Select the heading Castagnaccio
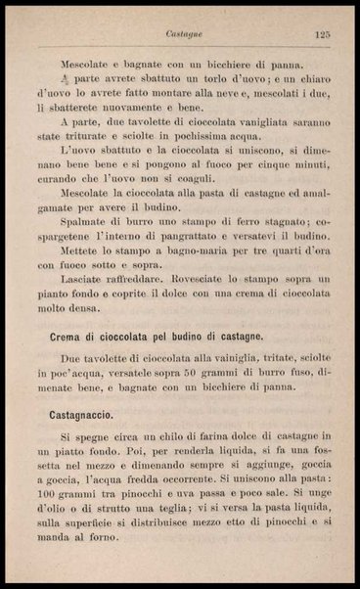[87, 415]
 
